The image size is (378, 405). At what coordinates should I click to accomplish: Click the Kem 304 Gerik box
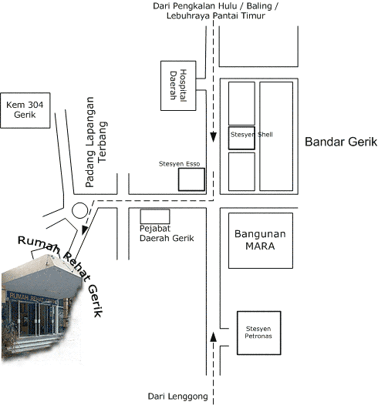pyautogui.click(x=25, y=110)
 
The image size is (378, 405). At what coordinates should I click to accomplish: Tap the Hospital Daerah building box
pyautogui.click(x=178, y=85)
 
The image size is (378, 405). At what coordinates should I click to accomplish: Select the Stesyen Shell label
pyautogui.click(x=251, y=134)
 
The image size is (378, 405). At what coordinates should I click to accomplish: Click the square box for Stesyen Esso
pyautogui.click(x=191, y=179)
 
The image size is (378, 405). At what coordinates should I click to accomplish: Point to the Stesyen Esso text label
pyautogui.click(x=179, y=164)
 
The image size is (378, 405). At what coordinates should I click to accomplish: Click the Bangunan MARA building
pyautogui.click(x=261, y=240)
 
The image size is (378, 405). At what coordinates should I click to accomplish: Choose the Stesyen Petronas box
pyautogui.click(x=258, y=333)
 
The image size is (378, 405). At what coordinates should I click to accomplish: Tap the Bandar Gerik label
pyautogui.click(x=341, y=142)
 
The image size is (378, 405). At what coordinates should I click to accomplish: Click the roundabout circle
pyautogui.click(x=79, y=210)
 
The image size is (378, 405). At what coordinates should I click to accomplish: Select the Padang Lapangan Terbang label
pyautogui.click(x=96, y=142)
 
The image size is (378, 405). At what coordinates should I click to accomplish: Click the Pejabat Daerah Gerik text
pyautogui.click(x=167, y=233)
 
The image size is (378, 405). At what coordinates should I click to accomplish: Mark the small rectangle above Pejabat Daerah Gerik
pyautogui.click(x=155, y=216)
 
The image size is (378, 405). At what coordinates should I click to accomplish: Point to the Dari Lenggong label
pyautogui.click(x=177, y=397)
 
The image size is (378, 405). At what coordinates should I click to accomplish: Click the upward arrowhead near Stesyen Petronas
pyautogui.click(x=213, y=336)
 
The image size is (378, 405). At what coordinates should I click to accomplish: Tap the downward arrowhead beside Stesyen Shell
pyautogui.click(x=213, y=137)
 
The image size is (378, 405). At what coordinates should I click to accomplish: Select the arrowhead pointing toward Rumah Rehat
pyautogui.click(x=85, y=230)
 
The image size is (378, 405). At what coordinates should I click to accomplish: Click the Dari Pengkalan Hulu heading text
pyautogui.click(x=215, y=11)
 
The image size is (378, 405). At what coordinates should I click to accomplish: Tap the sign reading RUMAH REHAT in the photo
pyautogui.click(x=32, y=298)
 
